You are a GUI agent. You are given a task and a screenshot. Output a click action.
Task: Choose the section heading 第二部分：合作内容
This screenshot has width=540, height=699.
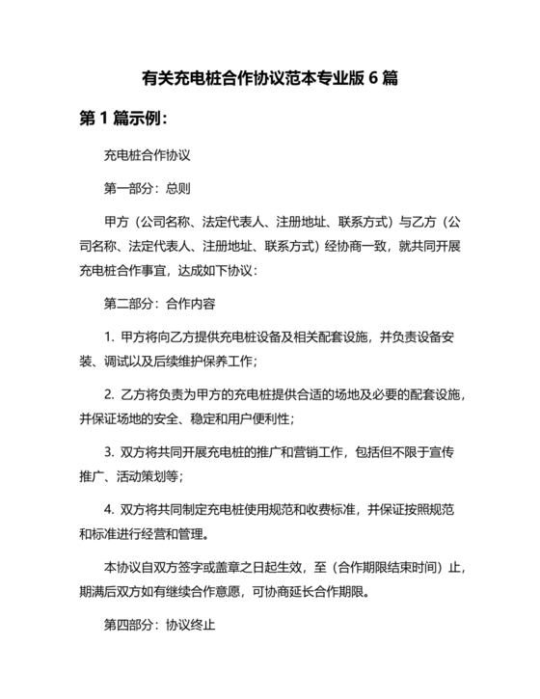[x=159, y=302]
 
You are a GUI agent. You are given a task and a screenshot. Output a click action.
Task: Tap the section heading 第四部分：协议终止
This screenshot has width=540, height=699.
[x=159, y=624]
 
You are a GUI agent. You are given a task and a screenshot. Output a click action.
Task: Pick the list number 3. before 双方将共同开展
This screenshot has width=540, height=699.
[x=109, y=449]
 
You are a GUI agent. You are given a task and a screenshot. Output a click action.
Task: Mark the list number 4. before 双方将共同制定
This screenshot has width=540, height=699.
[x=109, y=507]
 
